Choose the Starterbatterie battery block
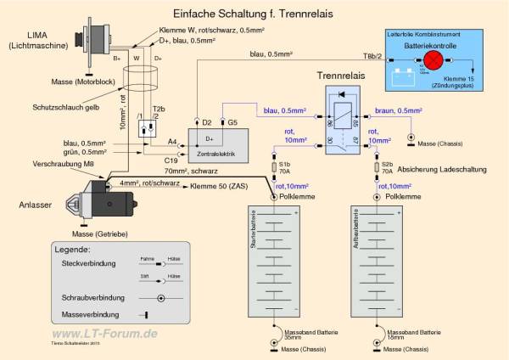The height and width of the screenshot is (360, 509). click(x=274, y=260)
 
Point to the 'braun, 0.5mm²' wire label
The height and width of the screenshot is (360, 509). click(x=398, y=110)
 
